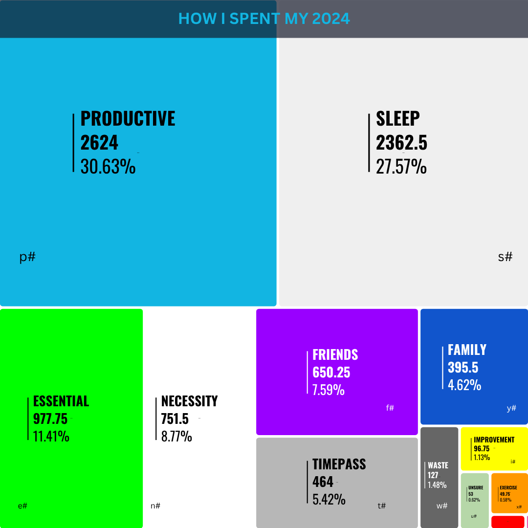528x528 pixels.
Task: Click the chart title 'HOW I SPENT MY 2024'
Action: (264, 19)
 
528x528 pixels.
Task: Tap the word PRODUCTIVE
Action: (128, 118)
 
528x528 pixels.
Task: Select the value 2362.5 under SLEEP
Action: (401, 142)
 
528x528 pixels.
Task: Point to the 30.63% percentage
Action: (108, 166)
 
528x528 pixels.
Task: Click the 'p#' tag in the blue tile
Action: (27, 257)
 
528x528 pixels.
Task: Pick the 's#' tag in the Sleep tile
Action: (505, 257)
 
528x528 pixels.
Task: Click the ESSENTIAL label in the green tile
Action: (61, 401)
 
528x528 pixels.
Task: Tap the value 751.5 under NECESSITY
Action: (175, 419)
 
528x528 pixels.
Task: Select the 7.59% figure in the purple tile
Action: (329, 390)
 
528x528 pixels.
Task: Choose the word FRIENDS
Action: (335, 354)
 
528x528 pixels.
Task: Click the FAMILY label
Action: (467, 350)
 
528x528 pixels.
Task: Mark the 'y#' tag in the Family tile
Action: (511, 408)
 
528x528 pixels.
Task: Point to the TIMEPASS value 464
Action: (323, 482)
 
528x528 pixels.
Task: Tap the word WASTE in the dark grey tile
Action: (438, 465)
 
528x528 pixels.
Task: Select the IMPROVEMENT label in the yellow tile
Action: (494, 440)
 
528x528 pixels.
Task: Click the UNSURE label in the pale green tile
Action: (476, 487)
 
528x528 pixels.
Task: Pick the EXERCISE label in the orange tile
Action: (508, 487)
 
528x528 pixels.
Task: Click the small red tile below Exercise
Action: (508, 522)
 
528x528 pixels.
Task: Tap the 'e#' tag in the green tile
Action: (22, 506)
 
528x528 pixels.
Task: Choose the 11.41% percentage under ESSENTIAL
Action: (51, 437)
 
